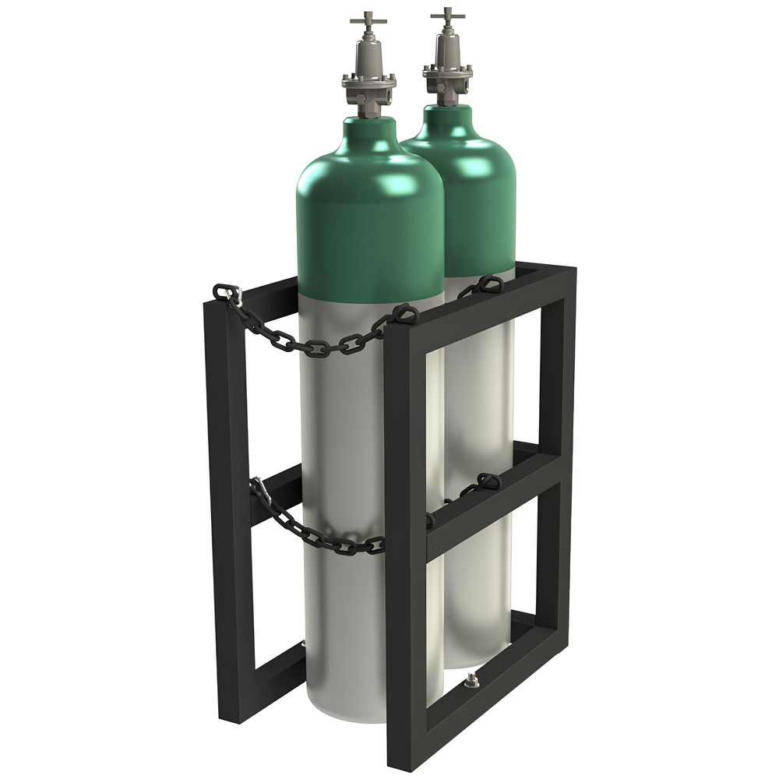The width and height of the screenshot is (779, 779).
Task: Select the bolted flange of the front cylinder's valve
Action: [368, 80]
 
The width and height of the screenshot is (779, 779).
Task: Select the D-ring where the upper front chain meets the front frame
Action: [403, 312]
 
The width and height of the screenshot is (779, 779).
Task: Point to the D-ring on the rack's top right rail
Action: [491, 284]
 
